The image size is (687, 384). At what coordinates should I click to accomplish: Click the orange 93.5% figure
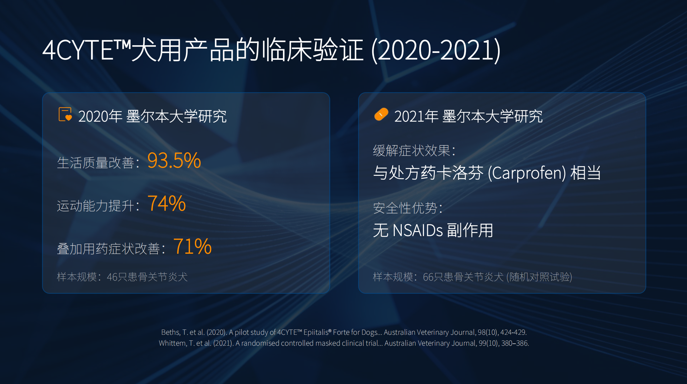click(174, 161)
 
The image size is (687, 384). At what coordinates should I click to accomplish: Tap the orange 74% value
click(166, 204)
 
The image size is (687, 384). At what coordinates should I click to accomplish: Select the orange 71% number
click(192, 247)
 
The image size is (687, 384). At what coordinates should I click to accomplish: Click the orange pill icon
click(381, 114)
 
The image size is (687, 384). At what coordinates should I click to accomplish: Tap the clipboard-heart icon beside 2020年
click(65, 114)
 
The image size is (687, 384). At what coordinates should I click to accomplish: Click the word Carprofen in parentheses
click(527, 173)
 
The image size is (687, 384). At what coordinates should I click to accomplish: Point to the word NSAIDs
click(418, 230)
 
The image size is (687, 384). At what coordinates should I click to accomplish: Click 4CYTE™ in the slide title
click(87, 50)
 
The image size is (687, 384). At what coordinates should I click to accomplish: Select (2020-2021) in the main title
click(436, 50)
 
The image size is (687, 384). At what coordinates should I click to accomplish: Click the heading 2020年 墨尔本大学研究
click(153, 116)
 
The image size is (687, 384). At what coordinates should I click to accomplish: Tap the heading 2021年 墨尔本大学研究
click(469, 116)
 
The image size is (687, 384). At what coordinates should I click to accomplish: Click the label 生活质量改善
click(95, 163)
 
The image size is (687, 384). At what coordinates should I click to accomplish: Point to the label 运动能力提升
click(95, 206)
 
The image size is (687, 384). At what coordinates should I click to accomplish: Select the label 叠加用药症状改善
click(108, 249)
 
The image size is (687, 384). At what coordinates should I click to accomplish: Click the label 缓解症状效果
click(412, 151)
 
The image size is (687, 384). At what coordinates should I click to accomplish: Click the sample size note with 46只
click(122, 277)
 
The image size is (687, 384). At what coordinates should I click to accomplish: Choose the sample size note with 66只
click(473, 277)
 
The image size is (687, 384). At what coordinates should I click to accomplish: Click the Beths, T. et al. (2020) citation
click(344, 332)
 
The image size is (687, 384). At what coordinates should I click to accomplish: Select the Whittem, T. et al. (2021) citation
click(344, 343)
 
